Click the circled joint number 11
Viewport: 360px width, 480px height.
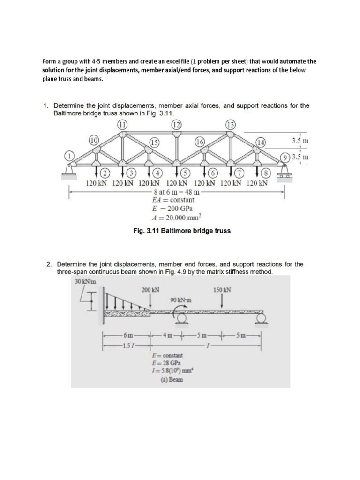coord(122,124)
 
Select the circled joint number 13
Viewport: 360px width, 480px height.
coord(231,124)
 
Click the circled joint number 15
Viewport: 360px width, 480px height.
coord(153,142)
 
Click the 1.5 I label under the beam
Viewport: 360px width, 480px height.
coord(126,346)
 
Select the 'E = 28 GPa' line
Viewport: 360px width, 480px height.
coord(175,364)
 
